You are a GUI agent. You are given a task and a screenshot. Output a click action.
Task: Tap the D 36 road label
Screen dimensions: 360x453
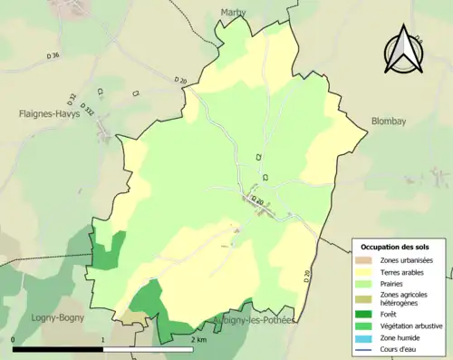pyautogui.click(x=50, y=56)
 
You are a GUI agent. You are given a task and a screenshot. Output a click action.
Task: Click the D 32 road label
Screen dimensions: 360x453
pyautogui.click(x=72, y=96)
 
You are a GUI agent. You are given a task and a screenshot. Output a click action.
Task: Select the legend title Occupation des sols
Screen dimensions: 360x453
pyautogui.click(x=397, y=247)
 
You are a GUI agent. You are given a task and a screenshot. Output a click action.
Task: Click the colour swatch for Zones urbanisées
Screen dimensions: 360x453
pyautogui.click(x=366, y=260)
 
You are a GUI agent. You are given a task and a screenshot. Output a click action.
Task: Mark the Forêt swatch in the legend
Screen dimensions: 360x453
pyautogui.click(x=366, y=314)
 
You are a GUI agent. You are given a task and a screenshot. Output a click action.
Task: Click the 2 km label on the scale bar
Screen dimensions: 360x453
pyautogui.click(x=198, y=339)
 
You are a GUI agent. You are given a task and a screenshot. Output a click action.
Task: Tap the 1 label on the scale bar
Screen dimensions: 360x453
pyautogui.click(x=103, y=339)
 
